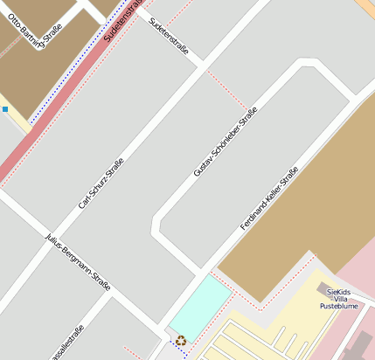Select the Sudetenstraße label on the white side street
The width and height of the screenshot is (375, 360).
coord(169,36)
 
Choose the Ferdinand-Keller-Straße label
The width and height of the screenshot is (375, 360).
coord(270,198)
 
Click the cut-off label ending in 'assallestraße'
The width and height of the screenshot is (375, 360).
coord(66,343)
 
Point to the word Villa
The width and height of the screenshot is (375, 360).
coord(340,299)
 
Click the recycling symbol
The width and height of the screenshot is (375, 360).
coord(180,340)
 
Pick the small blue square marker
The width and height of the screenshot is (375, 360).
coord(5,109)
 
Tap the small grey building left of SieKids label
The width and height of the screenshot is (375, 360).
coord(322,287)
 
